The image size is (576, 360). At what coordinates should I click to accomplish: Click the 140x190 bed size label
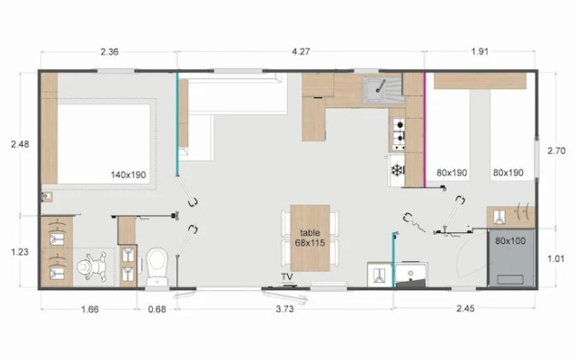pyautogui.click(x=129, y=175)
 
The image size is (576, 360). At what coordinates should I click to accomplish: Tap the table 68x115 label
pyautogui.click(x=310, y=238)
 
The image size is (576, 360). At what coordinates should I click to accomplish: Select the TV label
pyautogui.click(x=287, y=276)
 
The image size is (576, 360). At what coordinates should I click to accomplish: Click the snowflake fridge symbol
pyautogui.click(x=397, y=170)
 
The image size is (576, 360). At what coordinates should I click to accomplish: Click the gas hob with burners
pyautogui.click(x=398, y=134)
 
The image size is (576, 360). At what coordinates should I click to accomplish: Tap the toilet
pyautogui.click(x=157, y=266)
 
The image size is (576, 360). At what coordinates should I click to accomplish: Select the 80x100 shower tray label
pyautogui.click(x=510, y=241)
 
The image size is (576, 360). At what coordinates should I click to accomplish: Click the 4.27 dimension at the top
pyautogui.click(x=301, y=51)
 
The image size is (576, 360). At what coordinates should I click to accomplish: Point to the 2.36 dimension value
pyautogui.click(x=110, y=51)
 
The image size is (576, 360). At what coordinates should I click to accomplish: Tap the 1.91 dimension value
pyautogui.click(x=480, y=51)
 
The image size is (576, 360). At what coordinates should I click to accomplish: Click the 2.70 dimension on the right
pyautogui.click(x=556, y=150)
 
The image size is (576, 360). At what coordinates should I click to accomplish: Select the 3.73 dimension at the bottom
pyautogui.click(x=284, y=309)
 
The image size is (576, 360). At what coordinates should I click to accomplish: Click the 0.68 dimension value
pyautogui.click(x=157, y=310)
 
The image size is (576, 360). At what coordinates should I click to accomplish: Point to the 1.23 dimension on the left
pyautogui.click(x=20, y=252)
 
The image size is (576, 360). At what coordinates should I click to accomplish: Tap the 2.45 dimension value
pyautogui.click(x=465, y=309)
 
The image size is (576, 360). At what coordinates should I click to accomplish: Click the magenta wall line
pyautogui.click(x=425, y=130)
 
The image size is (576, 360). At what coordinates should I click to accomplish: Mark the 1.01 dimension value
pyautogui.click(x=556, y=258)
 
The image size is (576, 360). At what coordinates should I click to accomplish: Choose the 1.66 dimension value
pyautogui.click(x=90, y=310)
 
